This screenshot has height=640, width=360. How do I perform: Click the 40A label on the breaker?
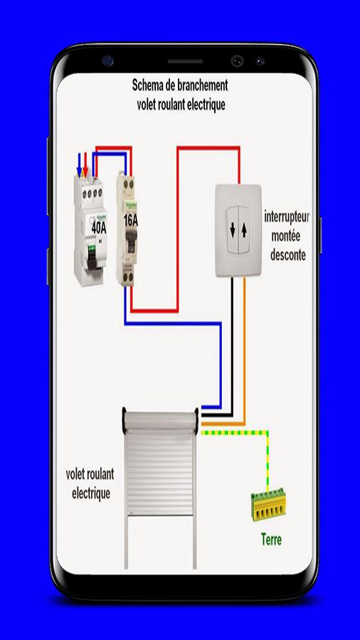[99, 228]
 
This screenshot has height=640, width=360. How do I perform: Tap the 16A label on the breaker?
[131, 221]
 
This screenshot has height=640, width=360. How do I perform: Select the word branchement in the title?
[203, 86]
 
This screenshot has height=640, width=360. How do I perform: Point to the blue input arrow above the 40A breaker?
[79, 165]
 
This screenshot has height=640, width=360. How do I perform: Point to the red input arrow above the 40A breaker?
[85, 165]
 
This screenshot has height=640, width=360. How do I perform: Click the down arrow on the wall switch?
[233, 230]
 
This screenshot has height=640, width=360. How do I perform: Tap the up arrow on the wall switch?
[244, 230]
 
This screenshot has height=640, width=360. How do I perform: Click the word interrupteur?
[287, 217]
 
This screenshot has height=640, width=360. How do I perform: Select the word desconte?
[288, 255]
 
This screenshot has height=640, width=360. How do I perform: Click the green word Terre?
[272, 540]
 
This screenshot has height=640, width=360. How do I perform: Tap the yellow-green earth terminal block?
[268, 504]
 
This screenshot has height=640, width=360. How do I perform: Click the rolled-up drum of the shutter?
[160, 420]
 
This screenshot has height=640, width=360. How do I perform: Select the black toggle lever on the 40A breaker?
[92, 257]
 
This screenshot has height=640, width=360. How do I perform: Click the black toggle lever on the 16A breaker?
[131, 239]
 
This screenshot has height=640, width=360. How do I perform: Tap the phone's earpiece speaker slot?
[185, 62]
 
